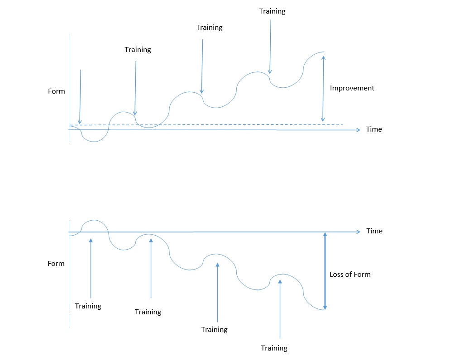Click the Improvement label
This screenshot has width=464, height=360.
[352, 88]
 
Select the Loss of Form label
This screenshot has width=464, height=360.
[349, 274]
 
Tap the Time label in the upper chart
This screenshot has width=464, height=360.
[374, 129]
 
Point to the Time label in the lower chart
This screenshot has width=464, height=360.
[374, 231]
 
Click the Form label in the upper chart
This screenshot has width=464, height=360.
[57, 91]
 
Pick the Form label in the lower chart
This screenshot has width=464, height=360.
[56, 264]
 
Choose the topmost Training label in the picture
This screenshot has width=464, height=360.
[272, 11]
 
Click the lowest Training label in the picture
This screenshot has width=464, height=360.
[274, 348]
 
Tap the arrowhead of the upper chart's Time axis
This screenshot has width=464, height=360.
[357, 130]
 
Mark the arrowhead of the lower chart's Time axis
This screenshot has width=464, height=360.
[357, 232]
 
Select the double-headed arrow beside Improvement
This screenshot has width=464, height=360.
[323, 88]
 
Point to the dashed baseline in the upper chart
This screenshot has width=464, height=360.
[226, 124]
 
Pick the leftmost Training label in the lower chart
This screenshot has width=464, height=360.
[88, 306]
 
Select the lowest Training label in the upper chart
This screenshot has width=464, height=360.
[138, 50]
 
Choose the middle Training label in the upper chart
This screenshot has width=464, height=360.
[209, 28]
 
